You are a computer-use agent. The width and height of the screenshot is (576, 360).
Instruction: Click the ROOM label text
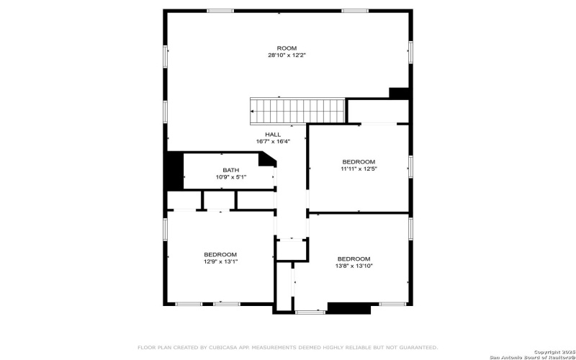tap(287, 48)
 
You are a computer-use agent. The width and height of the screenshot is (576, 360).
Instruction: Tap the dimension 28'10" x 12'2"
tap(287, 55)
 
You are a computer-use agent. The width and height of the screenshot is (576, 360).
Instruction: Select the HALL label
tap(273, 135)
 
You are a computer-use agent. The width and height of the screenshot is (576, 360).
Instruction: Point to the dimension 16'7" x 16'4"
tap(273, 142)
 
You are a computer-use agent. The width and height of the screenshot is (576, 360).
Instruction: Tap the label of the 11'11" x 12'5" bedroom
tap(359, 161)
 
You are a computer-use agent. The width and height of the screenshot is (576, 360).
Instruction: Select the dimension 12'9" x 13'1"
tap(220, 261)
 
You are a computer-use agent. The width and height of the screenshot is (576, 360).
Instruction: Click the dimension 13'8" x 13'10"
tap(354, 266)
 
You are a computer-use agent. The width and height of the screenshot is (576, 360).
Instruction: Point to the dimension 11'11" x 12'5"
tap(359, 168)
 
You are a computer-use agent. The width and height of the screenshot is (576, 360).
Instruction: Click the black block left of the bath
tap(174, 171)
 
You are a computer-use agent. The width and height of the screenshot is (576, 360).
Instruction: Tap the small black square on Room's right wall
tap(399, 93)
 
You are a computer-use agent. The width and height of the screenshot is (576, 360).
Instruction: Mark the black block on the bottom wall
tap(348, 308)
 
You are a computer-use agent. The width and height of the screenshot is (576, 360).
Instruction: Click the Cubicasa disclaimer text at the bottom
tap(287, 347)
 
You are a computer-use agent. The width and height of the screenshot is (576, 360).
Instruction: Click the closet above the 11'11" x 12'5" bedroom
tap(379, 111)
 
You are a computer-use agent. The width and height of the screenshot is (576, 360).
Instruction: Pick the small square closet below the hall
tap(292, 250)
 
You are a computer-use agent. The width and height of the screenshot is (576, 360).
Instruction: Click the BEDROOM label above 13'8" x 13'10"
tap(354, 258)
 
